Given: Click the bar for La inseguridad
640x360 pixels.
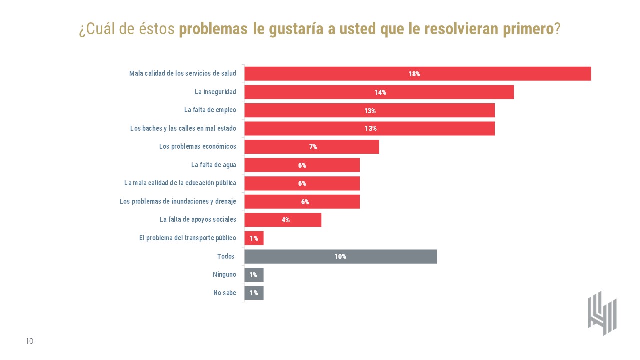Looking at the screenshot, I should [379, 92].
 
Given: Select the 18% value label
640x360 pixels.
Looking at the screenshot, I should [414, 74].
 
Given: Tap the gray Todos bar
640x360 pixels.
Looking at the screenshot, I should [340, 256].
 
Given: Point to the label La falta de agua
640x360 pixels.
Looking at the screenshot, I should [214, 165].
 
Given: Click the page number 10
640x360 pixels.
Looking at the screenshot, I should [29, 341].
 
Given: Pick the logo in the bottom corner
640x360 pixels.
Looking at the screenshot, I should [602, 313].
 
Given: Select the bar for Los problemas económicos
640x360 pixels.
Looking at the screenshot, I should [312, 147].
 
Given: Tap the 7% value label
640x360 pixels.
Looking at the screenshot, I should [313, 147].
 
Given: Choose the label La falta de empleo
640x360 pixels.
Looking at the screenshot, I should [210, 110].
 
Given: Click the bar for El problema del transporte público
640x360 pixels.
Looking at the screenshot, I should [254, 238].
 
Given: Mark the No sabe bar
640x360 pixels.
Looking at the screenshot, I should [254, 293].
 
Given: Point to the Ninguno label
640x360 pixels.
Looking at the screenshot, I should [224, 274].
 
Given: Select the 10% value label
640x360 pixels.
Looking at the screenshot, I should [340, 256].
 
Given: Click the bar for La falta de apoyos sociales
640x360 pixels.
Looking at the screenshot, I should [283, 220].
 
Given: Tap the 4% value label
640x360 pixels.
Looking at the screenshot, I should [286, 220].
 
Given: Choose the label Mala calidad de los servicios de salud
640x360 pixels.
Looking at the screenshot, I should [183, 74].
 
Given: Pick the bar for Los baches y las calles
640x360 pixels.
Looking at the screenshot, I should [369, 128].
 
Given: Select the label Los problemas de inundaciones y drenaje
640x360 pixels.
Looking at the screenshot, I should [178, 201].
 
